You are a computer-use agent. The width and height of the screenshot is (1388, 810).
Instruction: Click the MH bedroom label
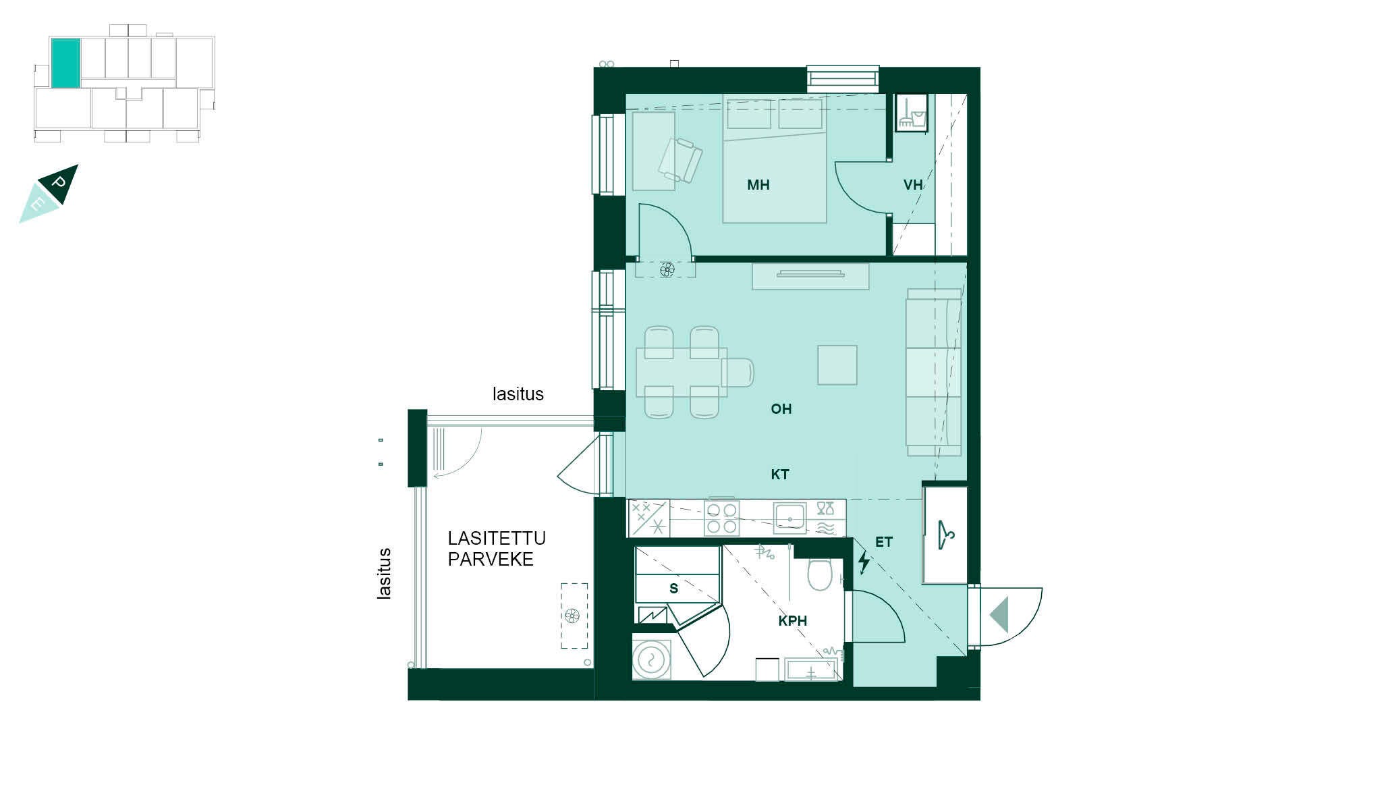(758, 185)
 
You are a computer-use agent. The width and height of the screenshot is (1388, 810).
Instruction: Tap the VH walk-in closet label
(913, 185)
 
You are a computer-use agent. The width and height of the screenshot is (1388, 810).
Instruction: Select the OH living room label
(781, 409)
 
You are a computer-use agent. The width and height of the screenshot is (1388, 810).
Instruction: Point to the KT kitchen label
(780, 475)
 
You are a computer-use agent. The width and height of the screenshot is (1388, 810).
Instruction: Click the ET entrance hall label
(883, 542)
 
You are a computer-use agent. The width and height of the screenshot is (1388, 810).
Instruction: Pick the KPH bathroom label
(792, 621)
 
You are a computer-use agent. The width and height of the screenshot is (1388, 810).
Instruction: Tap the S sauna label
(673, 589)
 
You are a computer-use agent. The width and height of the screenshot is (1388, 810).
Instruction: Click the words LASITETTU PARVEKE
(497, 549)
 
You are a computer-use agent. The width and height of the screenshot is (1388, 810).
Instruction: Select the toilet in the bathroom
(820, 574)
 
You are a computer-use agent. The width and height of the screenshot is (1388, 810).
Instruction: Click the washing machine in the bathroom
(652, 659)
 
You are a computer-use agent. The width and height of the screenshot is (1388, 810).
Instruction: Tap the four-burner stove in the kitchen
(721, 518)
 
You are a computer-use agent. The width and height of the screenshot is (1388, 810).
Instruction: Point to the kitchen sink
(789, 518)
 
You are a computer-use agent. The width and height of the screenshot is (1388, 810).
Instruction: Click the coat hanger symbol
(946, 535)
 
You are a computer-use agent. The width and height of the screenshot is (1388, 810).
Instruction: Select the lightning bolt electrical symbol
(864, 562)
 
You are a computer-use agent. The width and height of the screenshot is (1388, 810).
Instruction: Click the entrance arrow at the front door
(999, 614)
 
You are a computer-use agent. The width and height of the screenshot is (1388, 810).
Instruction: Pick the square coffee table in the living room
(837, 365)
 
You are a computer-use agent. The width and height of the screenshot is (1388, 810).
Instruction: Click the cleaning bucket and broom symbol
(911, 113)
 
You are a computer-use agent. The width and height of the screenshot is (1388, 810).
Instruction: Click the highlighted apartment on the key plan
(66, 63)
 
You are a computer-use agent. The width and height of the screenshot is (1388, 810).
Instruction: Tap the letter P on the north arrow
(59, 183)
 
